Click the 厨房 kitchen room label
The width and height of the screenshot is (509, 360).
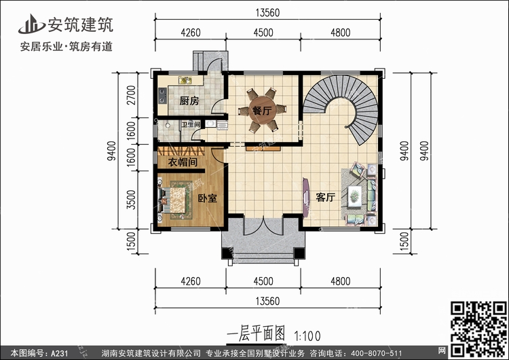189,101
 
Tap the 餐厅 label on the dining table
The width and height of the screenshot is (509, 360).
262,111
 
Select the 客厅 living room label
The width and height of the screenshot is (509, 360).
325,197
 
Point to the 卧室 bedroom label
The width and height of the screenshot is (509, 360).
208,198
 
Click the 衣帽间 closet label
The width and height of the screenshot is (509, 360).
183,162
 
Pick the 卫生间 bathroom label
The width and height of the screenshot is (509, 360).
191,124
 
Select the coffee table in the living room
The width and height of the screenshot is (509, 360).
354,196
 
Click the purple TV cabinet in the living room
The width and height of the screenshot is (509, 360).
306,197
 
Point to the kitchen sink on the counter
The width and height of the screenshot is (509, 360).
185,80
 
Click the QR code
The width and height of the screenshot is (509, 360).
479,329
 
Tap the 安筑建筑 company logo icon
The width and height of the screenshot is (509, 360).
31,24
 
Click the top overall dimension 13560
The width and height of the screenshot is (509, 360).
267,13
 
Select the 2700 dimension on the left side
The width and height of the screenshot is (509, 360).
131,95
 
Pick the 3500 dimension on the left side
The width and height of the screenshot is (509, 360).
131,200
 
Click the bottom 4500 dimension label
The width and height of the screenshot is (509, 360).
263,281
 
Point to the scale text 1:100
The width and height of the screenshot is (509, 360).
307,336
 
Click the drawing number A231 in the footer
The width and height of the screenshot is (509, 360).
60,353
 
